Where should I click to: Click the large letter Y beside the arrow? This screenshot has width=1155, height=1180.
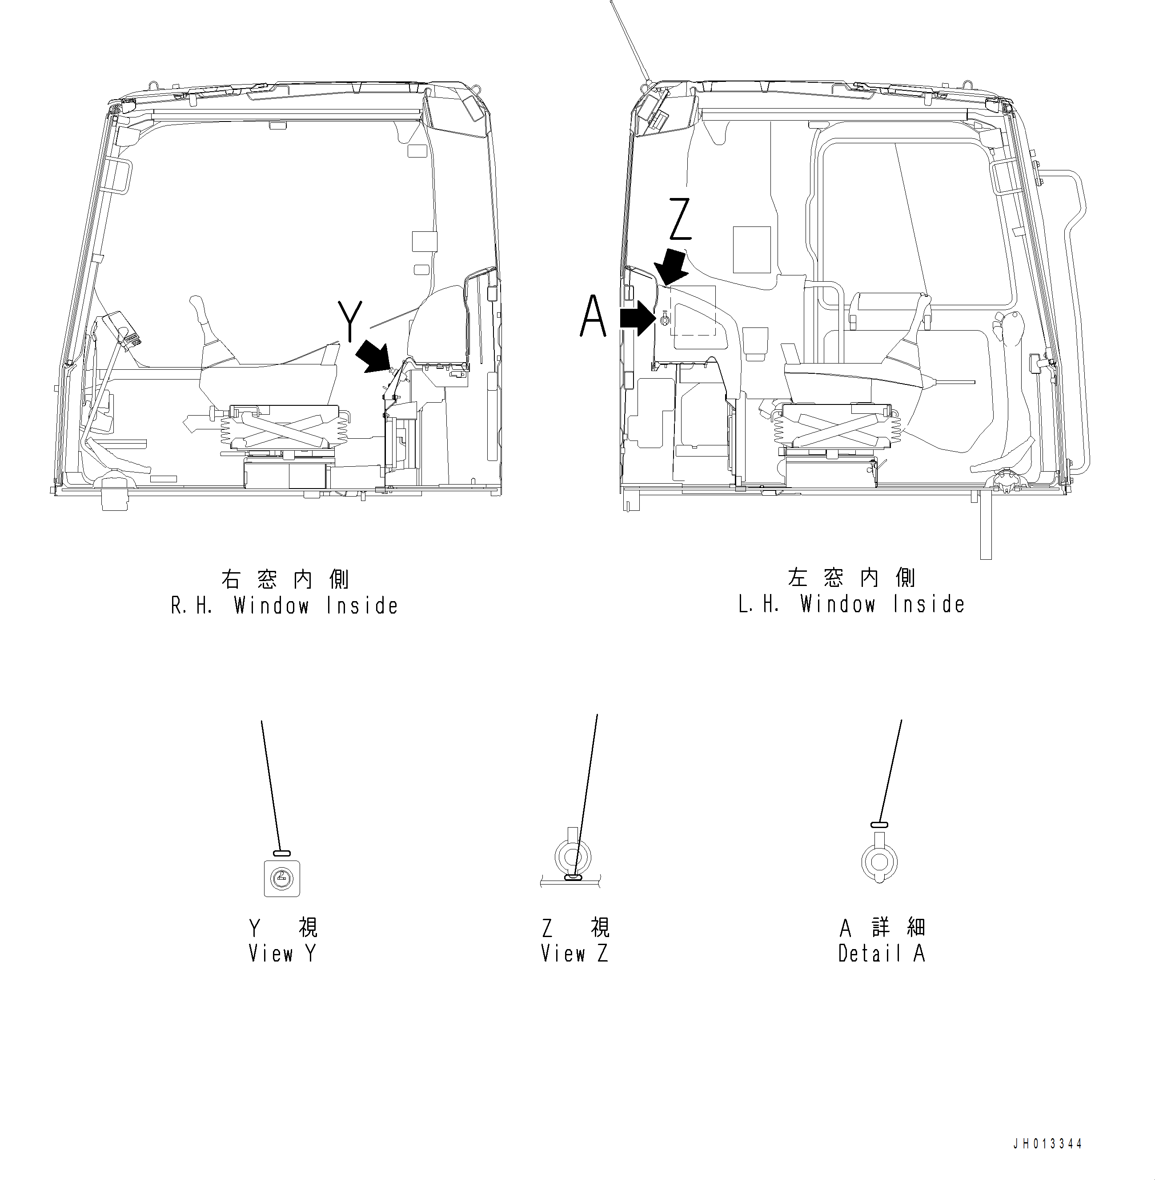click(x=350, y=321)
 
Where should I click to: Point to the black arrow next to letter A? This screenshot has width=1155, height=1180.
click(x=638, y=319)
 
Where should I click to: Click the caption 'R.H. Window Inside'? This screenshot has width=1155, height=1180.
click(x=285, y=606)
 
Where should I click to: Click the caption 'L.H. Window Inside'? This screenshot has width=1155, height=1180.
click(x=851, y=605)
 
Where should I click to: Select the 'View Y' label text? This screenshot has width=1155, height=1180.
click(x=283, y=954)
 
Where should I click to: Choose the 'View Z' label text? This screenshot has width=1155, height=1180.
click(x=574, y=954)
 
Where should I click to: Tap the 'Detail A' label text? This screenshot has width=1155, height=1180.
click(x=882, y=954)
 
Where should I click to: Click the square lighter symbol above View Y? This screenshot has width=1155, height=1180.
click(x=282, y=878)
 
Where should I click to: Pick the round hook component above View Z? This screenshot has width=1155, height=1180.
click(x=573, y=857)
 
